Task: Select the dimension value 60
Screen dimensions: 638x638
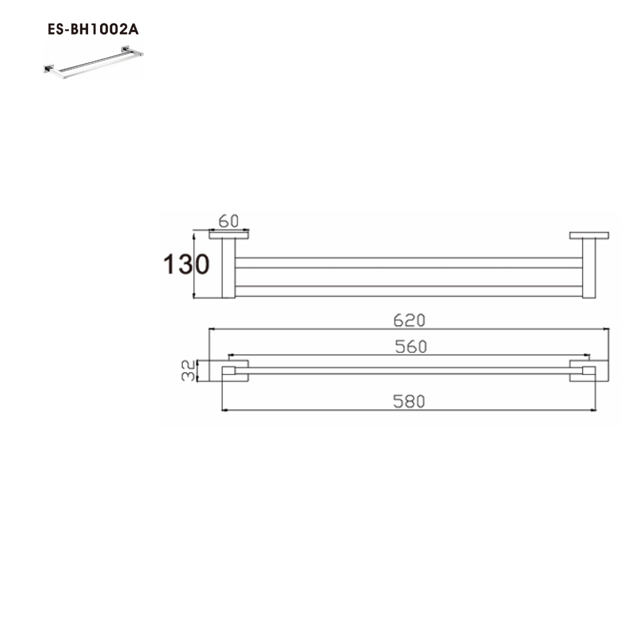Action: coord(228,221)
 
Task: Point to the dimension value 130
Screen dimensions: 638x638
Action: coord(186,264)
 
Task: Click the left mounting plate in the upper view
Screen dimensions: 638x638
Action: coord(229,235)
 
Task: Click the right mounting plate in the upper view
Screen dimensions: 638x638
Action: coord(590,235)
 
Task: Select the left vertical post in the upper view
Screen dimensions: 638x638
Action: coord(228,268)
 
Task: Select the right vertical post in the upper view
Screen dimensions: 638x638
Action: coord(589,268)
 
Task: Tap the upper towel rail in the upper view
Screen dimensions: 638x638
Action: coord(408,263)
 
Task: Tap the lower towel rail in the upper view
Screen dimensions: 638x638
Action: coord(408,291)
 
